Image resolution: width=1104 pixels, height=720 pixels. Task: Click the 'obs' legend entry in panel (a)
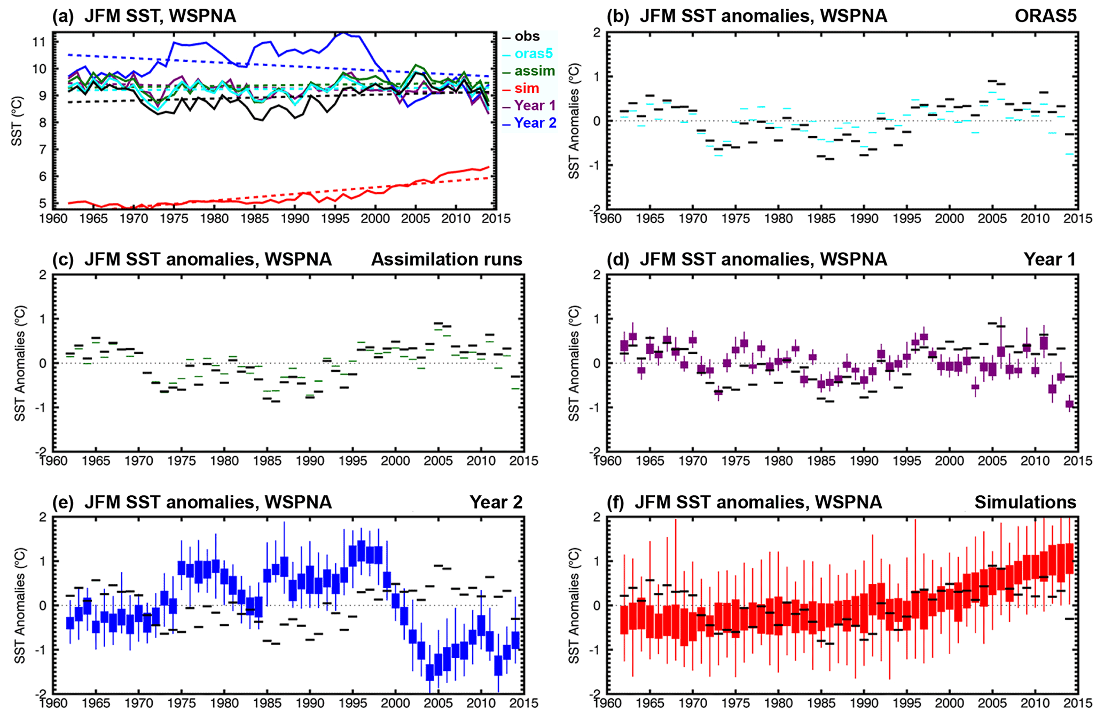pyautogui.click(x=527, y=36)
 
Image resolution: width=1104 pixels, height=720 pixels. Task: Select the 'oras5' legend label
pyautogui.click(x=533, y=53)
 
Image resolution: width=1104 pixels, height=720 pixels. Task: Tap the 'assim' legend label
pyautogui.click(x=534, y=71)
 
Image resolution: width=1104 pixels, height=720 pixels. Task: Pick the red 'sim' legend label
pyautogui.click(x=527, y=88)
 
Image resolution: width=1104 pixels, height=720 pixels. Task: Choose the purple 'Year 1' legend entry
pyautogui.click(x=535, y=105)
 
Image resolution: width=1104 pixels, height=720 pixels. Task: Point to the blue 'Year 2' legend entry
pyautogui.click(x=535, y=123)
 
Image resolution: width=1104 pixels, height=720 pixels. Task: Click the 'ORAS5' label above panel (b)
pyautogui.click(x=1045, y=16)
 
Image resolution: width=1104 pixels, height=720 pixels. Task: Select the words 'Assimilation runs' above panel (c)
pyautogui.click(x=447, y=259)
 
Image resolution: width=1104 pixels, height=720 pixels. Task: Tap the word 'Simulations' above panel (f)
pyautogui.click(x=1025, y=502)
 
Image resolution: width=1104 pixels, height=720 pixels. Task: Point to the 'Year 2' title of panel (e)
pyautogui.click(x=496, y=502)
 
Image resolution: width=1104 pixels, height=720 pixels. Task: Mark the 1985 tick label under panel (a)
pyautogui.click(x=255, y=218)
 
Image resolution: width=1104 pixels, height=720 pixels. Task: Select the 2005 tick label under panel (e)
pyautogui.click(x=438, y=703)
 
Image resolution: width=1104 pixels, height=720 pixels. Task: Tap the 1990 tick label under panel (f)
pyautogui.click(x=864, y=703)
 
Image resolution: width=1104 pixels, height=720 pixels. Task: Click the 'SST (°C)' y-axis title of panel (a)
pyautogui.click(x=17, y=121)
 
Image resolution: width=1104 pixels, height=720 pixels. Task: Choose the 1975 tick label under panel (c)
pyautogui.click(x=182, y=460)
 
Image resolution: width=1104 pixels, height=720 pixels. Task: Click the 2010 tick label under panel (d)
pyautogui.click(x=1035, y=460)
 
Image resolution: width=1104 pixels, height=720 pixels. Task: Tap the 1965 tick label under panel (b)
pyautogui.click(x=650, y=218)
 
